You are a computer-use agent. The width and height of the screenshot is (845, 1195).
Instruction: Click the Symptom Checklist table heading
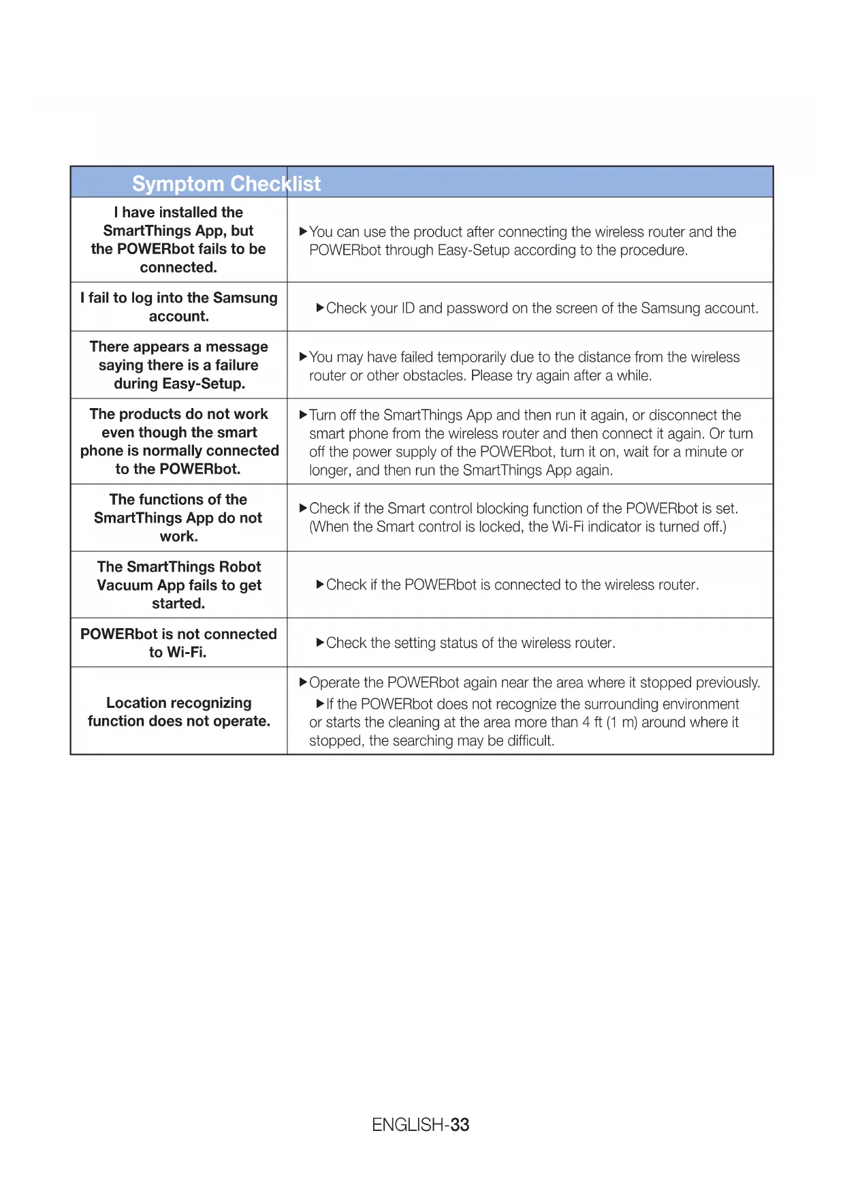pos(226,184)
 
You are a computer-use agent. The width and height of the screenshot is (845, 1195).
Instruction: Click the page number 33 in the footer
pos(460,1125)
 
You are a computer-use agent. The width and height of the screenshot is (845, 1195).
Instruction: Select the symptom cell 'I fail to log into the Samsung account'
pos(178,307)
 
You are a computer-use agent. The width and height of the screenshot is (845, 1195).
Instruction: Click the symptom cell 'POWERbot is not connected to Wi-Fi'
pos(178,643)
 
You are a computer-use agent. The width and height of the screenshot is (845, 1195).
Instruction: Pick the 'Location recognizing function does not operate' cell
pos(178,712)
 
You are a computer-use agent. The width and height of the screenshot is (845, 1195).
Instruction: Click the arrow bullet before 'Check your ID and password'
pos(320,308)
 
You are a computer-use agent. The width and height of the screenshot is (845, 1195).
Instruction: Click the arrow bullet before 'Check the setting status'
pos(320,642)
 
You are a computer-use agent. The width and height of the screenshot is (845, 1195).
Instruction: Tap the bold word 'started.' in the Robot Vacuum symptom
pos(178,604)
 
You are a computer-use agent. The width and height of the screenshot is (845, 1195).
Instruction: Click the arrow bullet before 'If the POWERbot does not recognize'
pos(320,704)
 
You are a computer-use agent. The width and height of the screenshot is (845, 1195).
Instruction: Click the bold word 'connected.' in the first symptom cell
pos(178,268)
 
